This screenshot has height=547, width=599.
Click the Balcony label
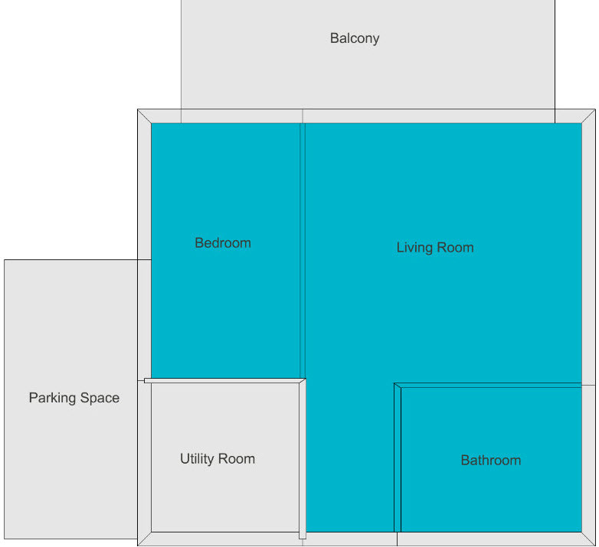pos(355,38)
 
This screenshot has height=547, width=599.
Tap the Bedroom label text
pos(223,243)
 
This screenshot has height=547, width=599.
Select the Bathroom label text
pos(490,461)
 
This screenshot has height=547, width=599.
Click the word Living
pos(413,248)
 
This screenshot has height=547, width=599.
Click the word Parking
pos(53,399)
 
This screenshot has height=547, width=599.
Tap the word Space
pos(100,399)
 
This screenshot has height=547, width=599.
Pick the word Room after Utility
pos(237,459)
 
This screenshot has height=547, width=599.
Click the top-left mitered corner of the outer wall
pos(144,116)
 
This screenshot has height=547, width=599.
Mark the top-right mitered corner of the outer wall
pos(588,116)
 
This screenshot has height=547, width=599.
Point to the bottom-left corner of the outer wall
pos(144,539)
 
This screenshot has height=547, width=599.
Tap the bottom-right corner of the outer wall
pos(588,539)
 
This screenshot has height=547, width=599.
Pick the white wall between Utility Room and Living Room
pos(303,459)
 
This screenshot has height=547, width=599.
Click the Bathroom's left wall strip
pos(398,459)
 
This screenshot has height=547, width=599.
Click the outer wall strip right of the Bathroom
pos(588,459)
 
